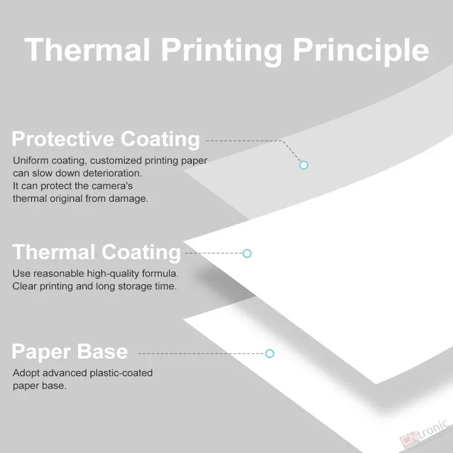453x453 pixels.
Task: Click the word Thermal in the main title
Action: coord(87,49)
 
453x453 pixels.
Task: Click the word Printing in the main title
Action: coord(221,52)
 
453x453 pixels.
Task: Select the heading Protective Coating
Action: coord(106,139)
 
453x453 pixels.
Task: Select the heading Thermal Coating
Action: coord(96,253)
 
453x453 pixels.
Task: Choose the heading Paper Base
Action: coord(70,352)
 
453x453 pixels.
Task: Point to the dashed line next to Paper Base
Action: coord(202,353)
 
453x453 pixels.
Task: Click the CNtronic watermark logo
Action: coord(425,435)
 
